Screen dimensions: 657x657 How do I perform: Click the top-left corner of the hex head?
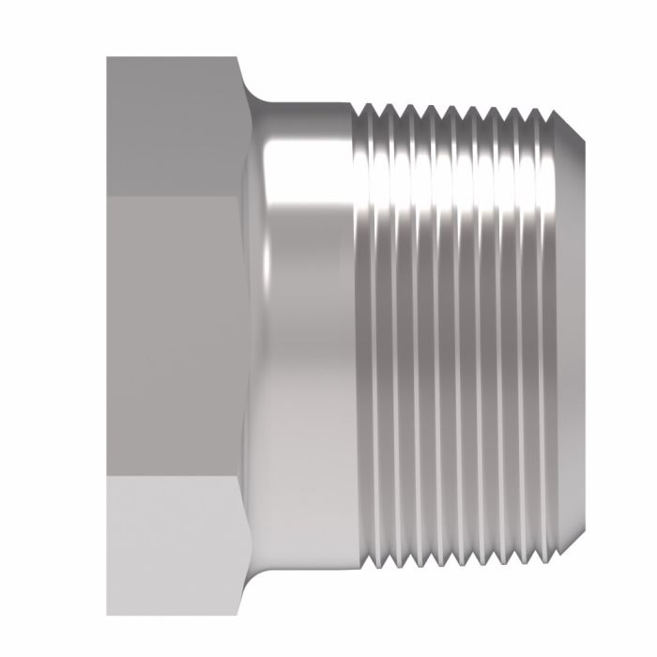(107, 58)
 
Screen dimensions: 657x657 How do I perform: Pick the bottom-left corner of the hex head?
(107, 616)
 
